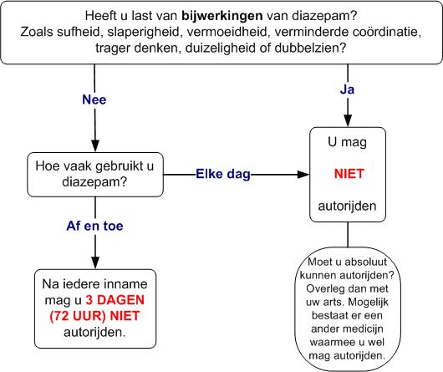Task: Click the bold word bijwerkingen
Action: (x=222, y=16)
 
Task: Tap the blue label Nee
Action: (x=94, y=99)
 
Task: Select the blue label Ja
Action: (x=347, y=89)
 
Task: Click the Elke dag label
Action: (x=223, y=174)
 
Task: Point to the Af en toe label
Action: (x=95, y=226)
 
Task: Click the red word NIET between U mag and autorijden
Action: (x=349, y=174)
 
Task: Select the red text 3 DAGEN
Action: (x=115, y=300)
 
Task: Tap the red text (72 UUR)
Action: (x=78, y=316)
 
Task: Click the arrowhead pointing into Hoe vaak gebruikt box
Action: (x=95, y=145)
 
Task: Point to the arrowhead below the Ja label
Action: (x=348, y=120)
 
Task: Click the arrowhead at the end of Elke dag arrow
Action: (x=303, y=175)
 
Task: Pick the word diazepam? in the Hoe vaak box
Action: (x=94, y=182)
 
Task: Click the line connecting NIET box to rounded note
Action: (x=348, y=234)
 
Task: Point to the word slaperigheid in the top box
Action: (x=143, y=32)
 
